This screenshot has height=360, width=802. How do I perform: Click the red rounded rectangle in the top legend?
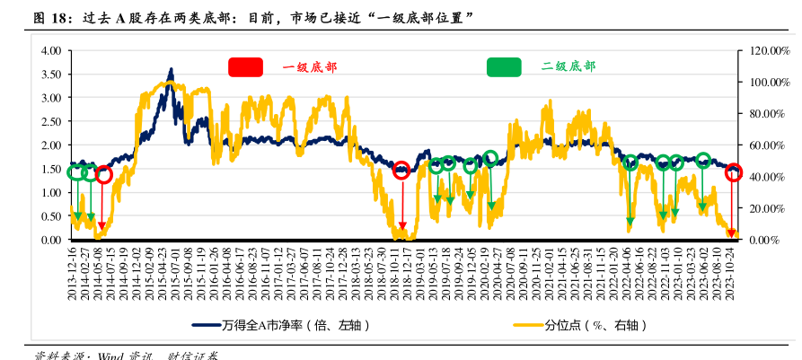coord(245,66)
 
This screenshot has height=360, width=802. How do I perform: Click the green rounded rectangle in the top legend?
coord(504,66)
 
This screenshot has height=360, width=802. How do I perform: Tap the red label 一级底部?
coord(310,67)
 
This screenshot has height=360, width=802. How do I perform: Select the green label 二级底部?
coord(568,66)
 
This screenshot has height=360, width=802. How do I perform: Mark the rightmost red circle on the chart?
coord(733,173)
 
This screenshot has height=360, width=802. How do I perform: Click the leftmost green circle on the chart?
coord(76,172)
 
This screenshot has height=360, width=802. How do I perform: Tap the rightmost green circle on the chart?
coord(703,161)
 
